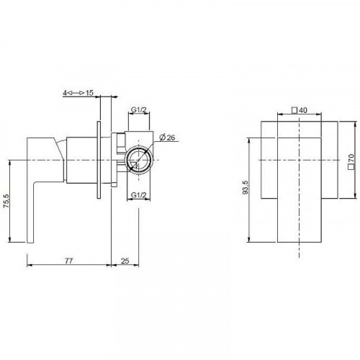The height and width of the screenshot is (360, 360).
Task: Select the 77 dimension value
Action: pyautogui.click(x=68, y=261)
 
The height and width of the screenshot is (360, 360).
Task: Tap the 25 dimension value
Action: pyautogui.click(x=125, y=261)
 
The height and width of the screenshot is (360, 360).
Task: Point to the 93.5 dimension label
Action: pyautogui.click(x=246, y=186)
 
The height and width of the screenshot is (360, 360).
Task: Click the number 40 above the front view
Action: pyautogui.click(x=303, y=110)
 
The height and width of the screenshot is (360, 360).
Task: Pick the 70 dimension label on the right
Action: pyautogui.click(x=351, y=158)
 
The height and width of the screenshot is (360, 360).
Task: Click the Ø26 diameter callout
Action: pyautogui.click(x=167, y=138)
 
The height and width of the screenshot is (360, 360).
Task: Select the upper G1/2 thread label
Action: pyautogui.click(x=139, y=110)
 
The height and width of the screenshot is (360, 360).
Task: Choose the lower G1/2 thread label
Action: pyautogui.click(x=138, y=195)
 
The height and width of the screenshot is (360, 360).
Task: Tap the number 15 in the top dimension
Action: pyautogui.click(x=89, y=93)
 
